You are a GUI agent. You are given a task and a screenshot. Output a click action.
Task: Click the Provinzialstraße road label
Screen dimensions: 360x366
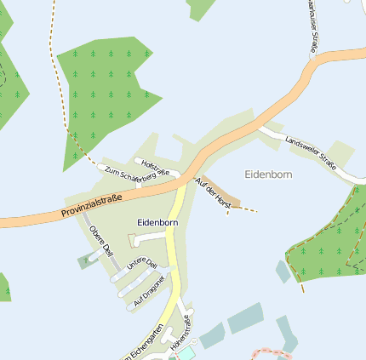pyautogui.click(x=92, y=205)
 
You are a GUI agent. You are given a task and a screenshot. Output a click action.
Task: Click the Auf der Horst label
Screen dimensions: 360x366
pyautogui.click(x=213, y=193)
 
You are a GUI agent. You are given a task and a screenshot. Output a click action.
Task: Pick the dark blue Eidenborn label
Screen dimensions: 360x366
pyautogui.click(x=157, y=223)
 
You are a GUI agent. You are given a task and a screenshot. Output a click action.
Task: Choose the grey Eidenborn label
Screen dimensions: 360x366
pyautogui.click(x=268, y=174)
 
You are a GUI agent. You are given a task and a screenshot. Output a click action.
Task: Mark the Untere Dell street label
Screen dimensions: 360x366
pyautogui.click(x=142, y=266)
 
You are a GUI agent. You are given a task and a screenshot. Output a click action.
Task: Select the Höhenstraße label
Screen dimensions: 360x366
pyautogui.click(x=182, y=334)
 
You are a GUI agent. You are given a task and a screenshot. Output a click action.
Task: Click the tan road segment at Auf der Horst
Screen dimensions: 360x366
pyautogui.click(x=223, y=194)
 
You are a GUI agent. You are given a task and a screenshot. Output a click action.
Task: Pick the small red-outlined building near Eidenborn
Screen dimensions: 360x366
pyautogui.click(x=131, y=241)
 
